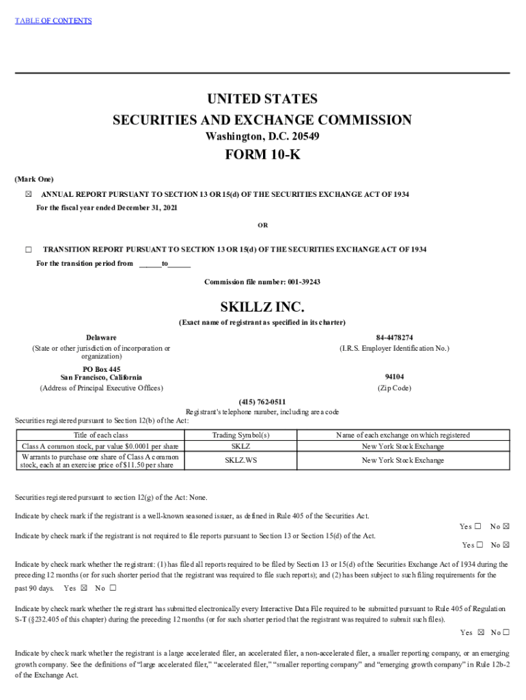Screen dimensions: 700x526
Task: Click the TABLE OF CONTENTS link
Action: [53, 21]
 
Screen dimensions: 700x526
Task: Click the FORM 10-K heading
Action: [262, 155]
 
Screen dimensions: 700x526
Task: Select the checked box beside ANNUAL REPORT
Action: [28, 195]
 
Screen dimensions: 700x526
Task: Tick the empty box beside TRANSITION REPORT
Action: [28, 250]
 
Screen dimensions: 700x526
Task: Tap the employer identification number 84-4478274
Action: [394, 338]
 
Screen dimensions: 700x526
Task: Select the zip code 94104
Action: [394, 377]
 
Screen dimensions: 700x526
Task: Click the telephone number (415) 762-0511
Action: [262, 401]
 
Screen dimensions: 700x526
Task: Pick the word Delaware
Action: [101, 338]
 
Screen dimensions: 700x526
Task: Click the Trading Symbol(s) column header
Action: [240, 435]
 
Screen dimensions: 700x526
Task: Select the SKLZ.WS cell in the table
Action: [240, 460]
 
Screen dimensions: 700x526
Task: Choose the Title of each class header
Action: [101, 435]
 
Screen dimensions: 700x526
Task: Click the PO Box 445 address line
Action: [101, 369]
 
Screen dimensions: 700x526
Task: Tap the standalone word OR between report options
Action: [262, 225]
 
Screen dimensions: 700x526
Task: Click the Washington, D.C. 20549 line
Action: [262, 137]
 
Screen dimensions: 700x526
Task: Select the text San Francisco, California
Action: [101, 377]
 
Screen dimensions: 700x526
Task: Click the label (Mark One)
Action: [34, 178]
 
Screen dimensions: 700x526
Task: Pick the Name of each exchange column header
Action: [402, 435]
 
